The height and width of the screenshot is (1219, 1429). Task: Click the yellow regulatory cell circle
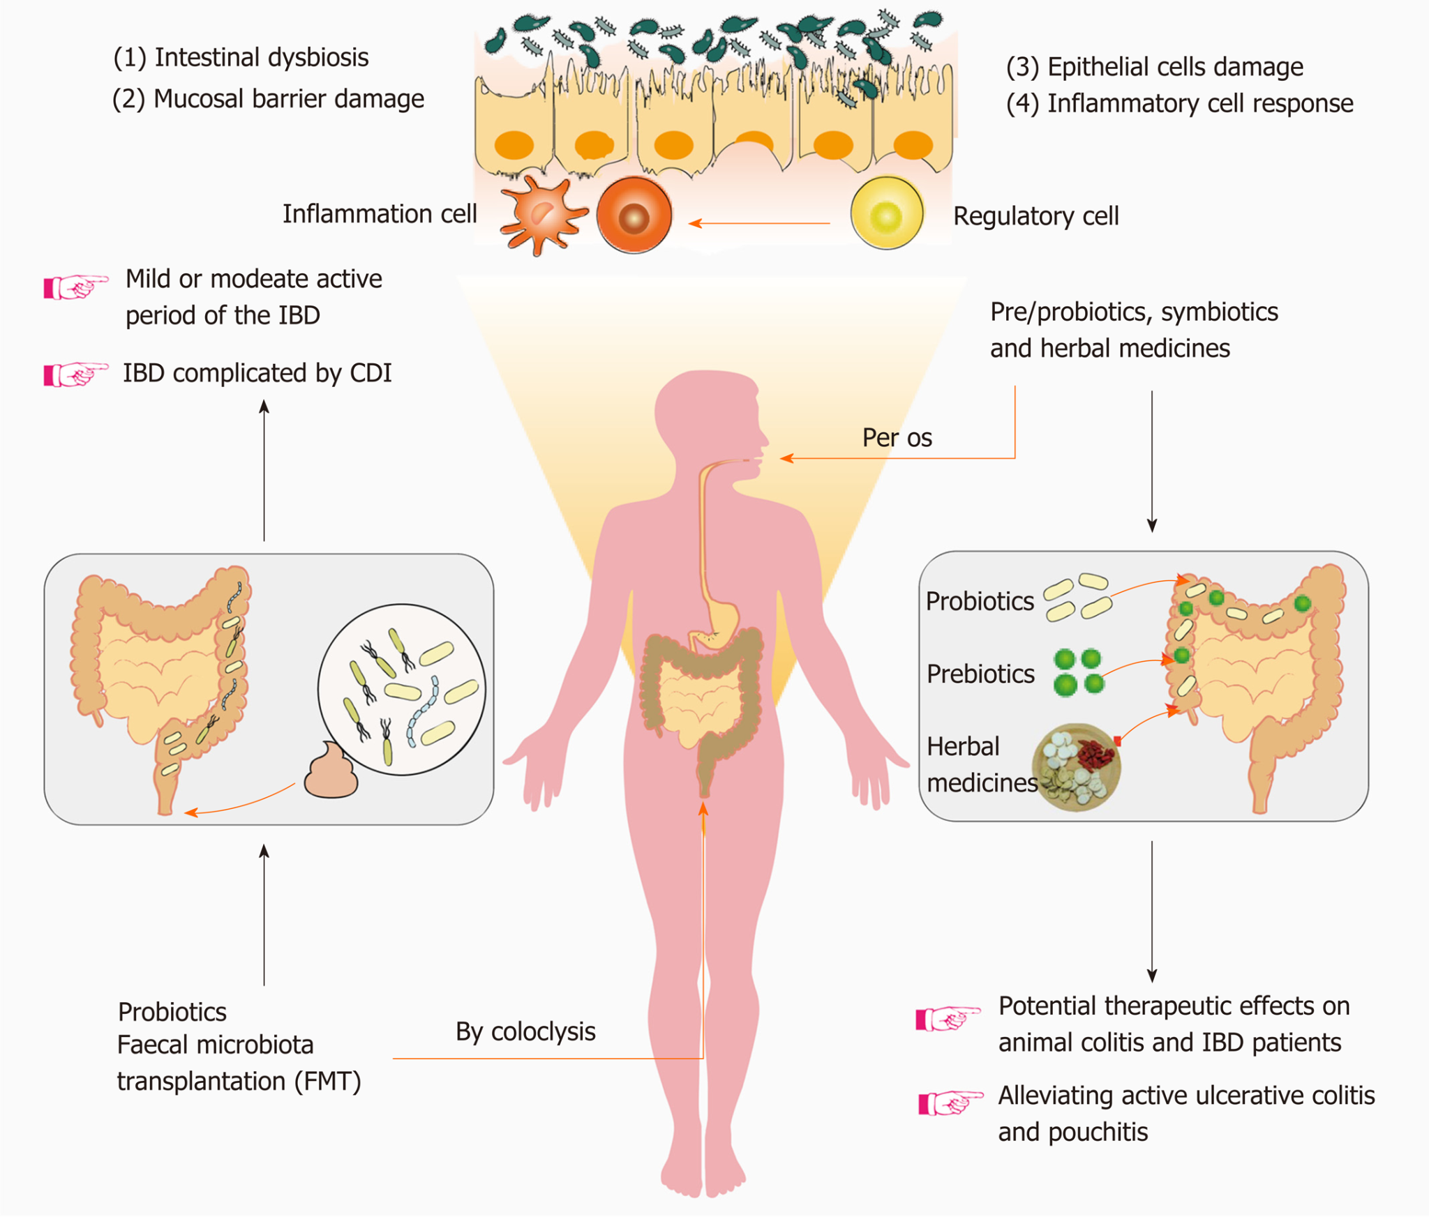click(886, 213)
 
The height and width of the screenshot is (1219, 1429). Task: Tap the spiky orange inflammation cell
click(541, 215)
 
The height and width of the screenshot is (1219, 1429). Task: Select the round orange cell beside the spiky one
click(634, 215)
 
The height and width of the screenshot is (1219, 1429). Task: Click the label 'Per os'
click(897, 438)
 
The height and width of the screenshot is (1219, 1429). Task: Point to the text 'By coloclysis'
click(525, 1031)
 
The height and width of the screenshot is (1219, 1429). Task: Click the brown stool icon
click(331, 773)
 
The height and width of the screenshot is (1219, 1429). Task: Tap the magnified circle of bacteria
click(402, 690)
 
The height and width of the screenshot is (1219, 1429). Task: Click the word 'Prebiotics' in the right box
click(980, 674)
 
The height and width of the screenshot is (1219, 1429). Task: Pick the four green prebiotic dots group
click(1077, 672)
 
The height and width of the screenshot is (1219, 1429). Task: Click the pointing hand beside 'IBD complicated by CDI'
click(75, 374)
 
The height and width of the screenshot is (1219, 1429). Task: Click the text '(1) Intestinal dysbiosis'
click(241, 57)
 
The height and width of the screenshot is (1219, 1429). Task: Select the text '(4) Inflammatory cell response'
click(1179, 103)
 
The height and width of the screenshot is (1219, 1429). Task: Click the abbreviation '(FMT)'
click(327, 1082)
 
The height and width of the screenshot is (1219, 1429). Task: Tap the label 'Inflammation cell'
click(380, 214)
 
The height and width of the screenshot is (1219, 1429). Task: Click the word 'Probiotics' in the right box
click(980, 601)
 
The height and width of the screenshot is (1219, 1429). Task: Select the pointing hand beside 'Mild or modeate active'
click(75, 286)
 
